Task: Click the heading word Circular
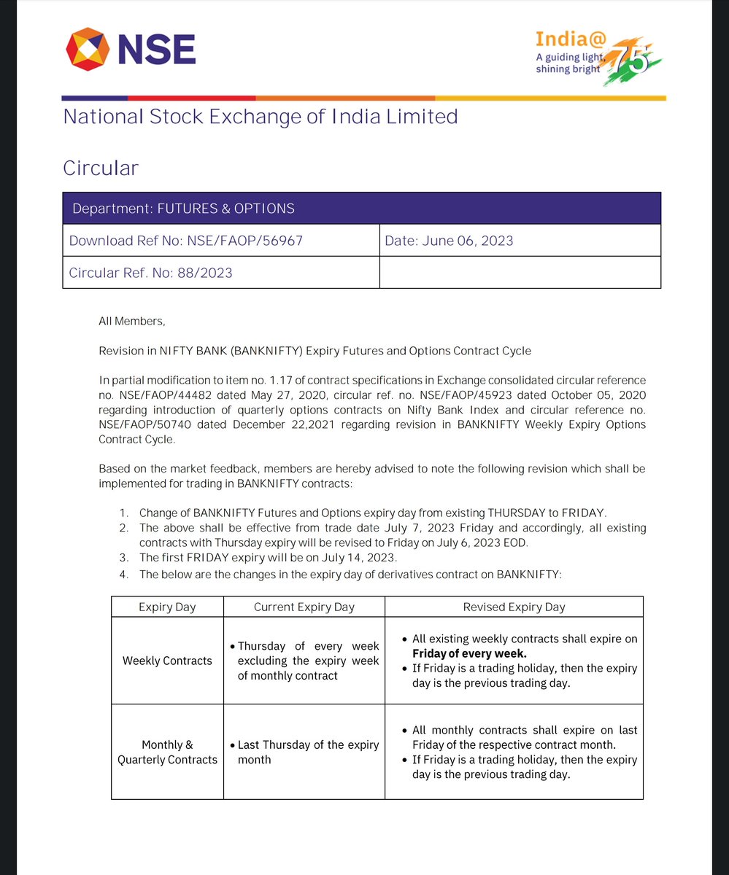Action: [101, 168]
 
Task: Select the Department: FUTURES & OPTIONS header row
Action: [361, 209]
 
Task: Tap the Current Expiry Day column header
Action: [304, 607]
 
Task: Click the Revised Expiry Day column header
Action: [514, 607]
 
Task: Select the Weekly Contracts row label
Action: [167, 661]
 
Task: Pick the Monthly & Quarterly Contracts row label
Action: [167, 752]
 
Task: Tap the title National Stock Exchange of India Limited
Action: [261, 117]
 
